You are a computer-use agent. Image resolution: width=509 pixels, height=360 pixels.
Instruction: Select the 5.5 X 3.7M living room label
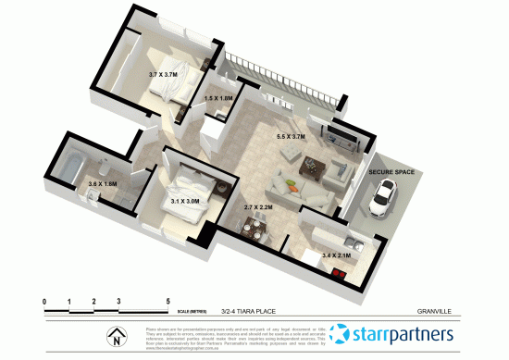click(291, 137)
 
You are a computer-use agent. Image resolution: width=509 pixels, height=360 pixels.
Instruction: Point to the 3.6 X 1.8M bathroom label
click(103, 184)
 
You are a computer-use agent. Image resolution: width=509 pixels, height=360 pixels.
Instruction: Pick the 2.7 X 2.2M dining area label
click(258, 208)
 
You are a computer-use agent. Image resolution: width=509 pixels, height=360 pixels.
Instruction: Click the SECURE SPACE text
click(392, 172)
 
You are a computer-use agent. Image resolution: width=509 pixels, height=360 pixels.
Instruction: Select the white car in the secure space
click(381, 196)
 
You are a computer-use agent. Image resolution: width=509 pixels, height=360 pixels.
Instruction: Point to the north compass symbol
click(118, 337)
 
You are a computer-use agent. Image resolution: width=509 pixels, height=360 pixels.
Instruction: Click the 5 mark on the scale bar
click(168, 302)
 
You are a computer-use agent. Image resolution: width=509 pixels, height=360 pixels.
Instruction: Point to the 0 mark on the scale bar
click(44, 302)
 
